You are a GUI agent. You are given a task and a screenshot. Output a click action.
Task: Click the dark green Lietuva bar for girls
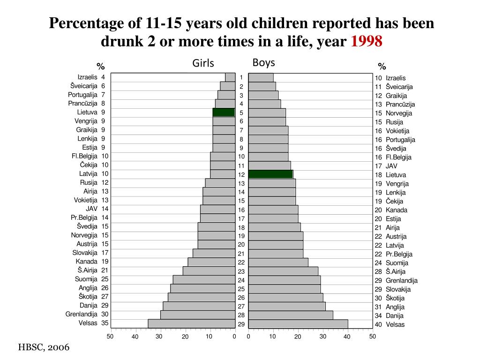tap(224, 112)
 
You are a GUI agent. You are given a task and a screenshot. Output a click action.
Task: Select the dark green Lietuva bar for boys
tap(270, 174)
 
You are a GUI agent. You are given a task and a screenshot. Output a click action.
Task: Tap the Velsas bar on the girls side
tap(191, 323)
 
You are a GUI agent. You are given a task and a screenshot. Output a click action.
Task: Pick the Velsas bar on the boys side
tap(298, 324)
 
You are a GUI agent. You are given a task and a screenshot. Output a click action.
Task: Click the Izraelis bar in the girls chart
tap(230, 77)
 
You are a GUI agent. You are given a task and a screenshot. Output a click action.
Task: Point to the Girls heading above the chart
tap(203, 63)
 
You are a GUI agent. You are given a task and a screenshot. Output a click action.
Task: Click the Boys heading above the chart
tap(263, 62)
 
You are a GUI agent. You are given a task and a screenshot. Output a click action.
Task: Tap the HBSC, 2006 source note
tap(44, 347)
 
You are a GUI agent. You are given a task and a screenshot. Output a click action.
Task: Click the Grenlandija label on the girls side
tap(82, 314)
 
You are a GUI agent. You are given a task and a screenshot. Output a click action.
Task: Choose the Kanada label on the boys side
tap(397, 210)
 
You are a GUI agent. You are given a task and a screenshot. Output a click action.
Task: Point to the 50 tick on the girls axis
tap(110, 336)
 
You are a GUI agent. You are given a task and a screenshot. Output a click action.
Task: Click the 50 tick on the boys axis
tap(372, 336)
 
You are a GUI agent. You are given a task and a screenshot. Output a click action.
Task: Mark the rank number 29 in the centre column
tap(241, 324)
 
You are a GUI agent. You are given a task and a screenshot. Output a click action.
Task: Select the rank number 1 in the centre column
tap(241, 78)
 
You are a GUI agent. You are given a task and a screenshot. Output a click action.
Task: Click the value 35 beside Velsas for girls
tap(105, 323)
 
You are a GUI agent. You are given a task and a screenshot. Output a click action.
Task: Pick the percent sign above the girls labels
tap(100, 66)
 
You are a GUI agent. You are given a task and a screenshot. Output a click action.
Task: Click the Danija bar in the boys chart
tap(291, 315)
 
